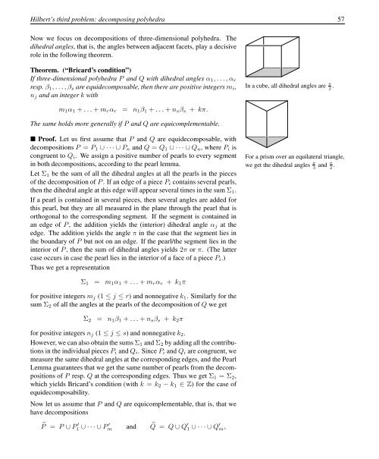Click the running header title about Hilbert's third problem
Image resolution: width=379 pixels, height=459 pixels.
tap(98, 9)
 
